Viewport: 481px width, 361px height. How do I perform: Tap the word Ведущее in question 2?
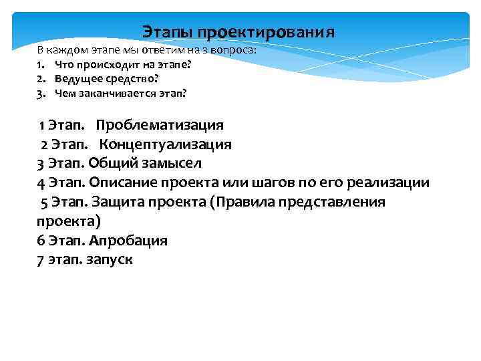[75, 79]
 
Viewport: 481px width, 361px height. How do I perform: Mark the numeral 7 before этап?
[40, 260]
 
